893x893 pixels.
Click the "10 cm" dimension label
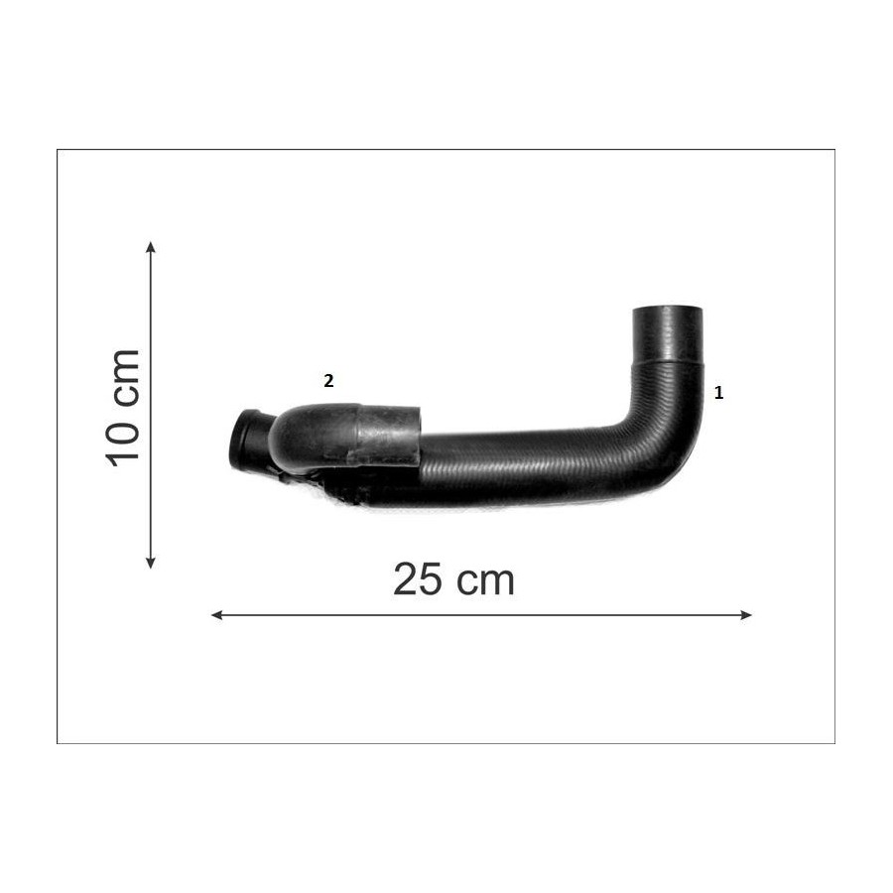(x=122, y=408)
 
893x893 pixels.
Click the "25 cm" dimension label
(x=453, y=579)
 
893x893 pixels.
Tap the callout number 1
(x=718, y=393)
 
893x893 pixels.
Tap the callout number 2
(x=328, y=381)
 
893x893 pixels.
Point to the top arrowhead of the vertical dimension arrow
(x=151, y=247)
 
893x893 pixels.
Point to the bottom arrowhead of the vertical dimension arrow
(x=151, y=563)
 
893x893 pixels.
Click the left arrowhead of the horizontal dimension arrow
(x=217, y=615)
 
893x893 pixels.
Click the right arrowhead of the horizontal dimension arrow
(x=745, y=615)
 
